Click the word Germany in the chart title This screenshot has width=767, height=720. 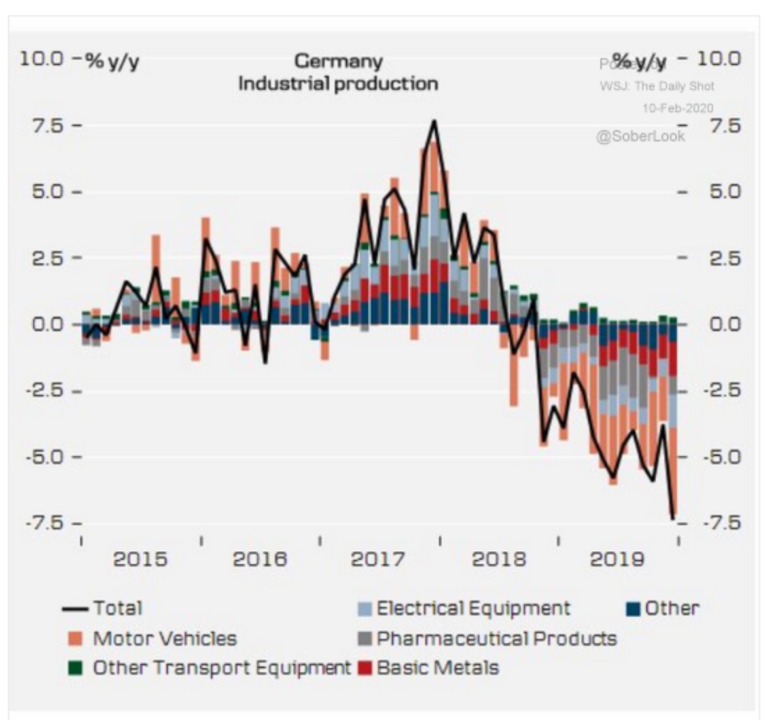pos(338,61)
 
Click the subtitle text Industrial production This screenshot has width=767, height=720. pos(338,84)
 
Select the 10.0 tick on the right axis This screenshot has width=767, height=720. pos(718,59)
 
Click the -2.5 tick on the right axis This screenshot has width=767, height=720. pos(722,391)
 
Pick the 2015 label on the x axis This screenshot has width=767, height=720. pos(140,559)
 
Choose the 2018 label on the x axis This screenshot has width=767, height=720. pos(498,559)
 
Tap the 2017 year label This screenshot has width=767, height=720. pos(378,559)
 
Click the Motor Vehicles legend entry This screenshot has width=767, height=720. pos(164,638)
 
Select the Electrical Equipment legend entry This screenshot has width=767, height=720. pos(473,608)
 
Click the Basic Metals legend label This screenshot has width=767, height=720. pos(437,668)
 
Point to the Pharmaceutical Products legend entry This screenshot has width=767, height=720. pos(496,638)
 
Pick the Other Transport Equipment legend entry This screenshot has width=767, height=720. pos(221,668)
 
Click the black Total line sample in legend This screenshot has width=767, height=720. pos(75,609)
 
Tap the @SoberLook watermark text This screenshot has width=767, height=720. pos(640,136)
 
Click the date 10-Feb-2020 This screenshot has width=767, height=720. pos(677,108)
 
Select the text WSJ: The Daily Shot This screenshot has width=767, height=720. pos(657,86)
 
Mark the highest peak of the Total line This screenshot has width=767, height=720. pos(434,122)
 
